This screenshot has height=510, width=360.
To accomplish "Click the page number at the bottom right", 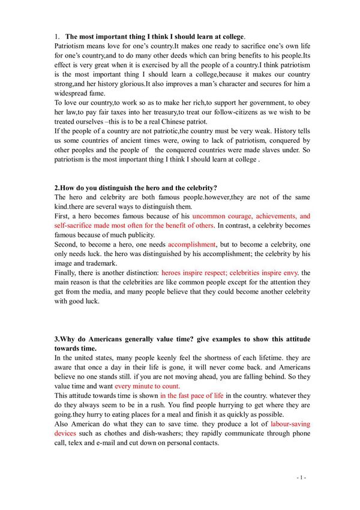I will click(x=301, y=478).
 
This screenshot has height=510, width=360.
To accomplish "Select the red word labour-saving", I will click(x=290, y=425).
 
